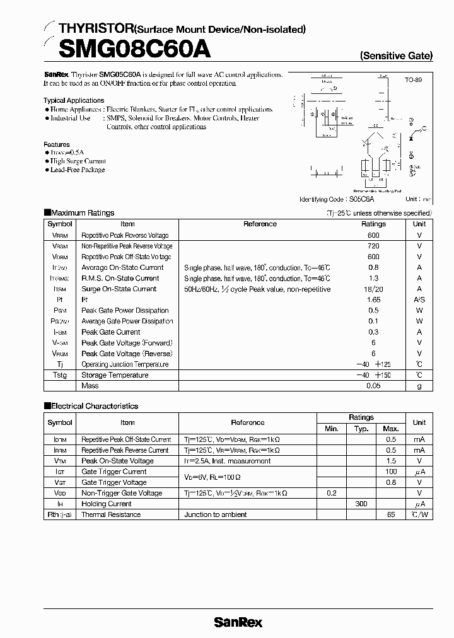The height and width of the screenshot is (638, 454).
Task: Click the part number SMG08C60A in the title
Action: (x=127, y=48)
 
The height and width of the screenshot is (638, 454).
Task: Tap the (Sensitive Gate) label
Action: (x=396, y=55)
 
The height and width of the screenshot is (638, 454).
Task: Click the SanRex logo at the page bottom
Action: (x=238, y=622)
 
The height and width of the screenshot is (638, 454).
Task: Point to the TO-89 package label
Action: (x=413, y=81)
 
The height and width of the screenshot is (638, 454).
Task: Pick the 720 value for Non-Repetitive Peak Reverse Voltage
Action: (x=373, y=246)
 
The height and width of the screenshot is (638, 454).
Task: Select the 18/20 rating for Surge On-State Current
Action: (x=373, y=289)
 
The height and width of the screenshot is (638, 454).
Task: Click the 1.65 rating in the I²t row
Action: (x=373, y=299)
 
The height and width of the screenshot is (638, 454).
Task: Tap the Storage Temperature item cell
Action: (x=115, y=375)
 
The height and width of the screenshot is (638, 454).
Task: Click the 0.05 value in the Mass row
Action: (x=373, y=386)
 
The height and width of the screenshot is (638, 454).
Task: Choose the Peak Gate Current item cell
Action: (x=111, y=332)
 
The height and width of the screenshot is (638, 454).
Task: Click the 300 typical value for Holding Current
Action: (x=361, y=504)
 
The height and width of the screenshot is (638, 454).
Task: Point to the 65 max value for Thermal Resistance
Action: (x=391, y=514)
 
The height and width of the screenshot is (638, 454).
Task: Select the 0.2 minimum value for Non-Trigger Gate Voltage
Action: (x=332, y=493)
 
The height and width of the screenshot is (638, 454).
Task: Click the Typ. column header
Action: (x=361, y=429)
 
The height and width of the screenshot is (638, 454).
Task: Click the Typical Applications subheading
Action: (x=74, y=100)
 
